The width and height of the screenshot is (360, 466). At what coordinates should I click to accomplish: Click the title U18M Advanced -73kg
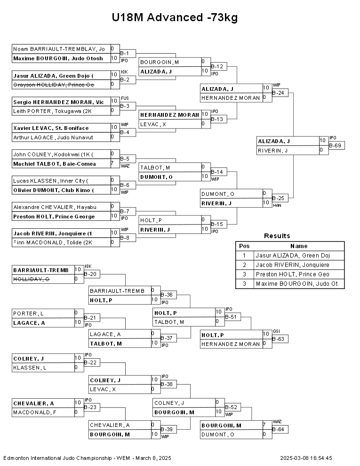(x=175, y=17)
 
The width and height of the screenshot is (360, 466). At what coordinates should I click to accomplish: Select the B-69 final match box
(x=337, y=145)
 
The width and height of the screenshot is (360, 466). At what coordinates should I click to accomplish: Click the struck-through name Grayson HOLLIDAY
(x=54, y=85)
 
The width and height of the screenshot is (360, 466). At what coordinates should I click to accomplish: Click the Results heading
(x=277, y=236)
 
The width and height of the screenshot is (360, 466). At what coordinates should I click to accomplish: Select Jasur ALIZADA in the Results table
(x=293, y=256)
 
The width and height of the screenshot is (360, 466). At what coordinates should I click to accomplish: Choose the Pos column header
(x=244, y=246)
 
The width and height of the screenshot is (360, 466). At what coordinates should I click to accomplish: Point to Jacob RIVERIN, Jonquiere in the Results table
(x=292, y=265)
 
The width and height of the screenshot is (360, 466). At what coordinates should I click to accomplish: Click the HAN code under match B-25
(x=277, y=205)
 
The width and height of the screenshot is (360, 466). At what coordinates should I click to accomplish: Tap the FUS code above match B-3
(x=125, y=98)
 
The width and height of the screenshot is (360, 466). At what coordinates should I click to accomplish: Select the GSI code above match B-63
(x=276, y=331)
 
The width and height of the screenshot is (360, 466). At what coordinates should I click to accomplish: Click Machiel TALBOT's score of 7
(x=112, y=163)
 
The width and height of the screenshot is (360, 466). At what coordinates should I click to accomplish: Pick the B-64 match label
(x=280, y=429)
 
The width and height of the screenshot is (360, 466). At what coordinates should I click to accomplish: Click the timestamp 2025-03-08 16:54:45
(x=306, y=458)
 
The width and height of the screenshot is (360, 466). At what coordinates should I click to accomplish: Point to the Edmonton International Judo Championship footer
(x=88, y=458)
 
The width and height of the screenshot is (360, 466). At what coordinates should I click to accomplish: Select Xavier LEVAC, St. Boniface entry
(x=51, y=128)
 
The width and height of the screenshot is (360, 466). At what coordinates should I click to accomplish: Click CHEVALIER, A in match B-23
(x=33, y=403)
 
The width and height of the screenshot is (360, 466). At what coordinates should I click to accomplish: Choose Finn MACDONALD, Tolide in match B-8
(x=53, y=242)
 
